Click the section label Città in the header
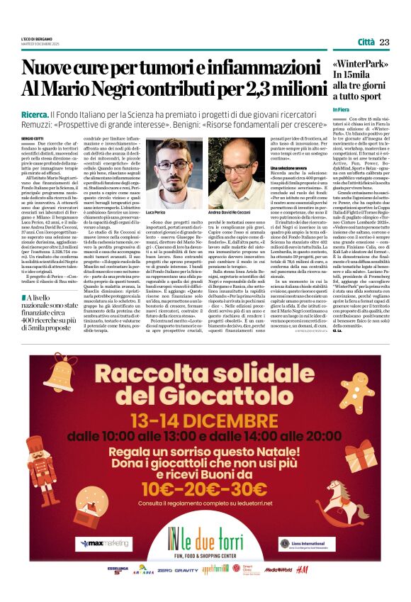[366, 43]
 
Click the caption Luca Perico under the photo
[156, 212]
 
